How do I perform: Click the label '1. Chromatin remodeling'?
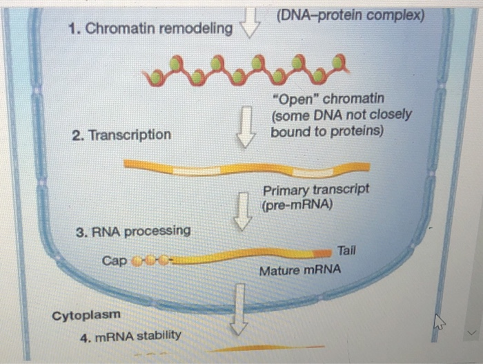151,29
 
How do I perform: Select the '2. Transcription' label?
121,135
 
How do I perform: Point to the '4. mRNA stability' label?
130,336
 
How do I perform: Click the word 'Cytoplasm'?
86,315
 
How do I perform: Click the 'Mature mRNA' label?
299,271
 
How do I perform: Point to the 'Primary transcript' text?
315,189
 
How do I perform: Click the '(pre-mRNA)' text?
297,205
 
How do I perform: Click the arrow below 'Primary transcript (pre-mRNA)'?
241,211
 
